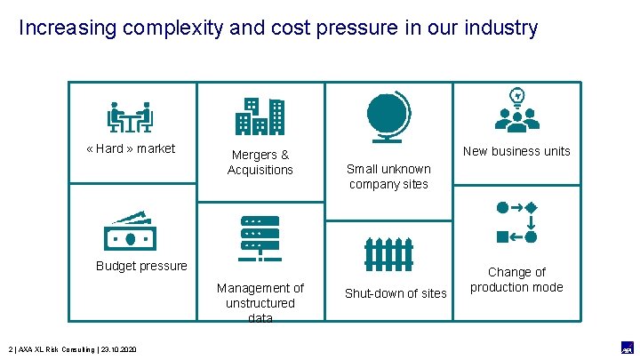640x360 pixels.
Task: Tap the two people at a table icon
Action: coord(131,116)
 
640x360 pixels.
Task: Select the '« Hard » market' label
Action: coord(131,148)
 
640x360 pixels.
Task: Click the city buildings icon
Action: coord(260,116)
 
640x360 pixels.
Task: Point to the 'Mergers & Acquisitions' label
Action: coord(260,162)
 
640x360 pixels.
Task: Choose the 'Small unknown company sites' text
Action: coord(388,176)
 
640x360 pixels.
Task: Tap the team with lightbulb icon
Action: coord(516,111)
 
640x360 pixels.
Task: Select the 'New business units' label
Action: coord(516,151)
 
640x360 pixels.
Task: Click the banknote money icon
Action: coord(130,232)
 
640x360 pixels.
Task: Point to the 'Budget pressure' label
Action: coord(141,266)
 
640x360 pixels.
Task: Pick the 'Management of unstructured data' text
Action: coord(260,302)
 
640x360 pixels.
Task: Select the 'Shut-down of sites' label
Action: coord(396,293)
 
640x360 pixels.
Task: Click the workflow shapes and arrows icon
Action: coord(516,221)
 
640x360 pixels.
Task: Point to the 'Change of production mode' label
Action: coord(516,279)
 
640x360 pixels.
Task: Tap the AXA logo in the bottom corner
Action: coord(626,348)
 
